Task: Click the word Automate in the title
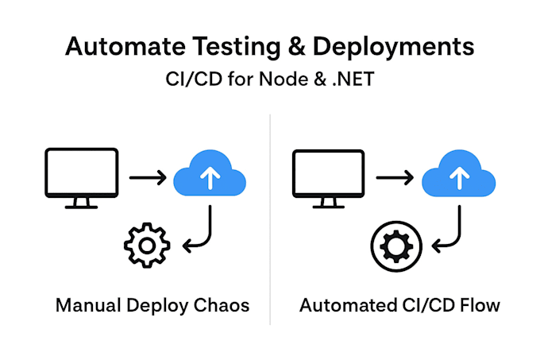point(125,46)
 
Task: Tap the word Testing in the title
point(237,48)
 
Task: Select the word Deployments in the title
point(393,48)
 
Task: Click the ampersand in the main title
point(297,47)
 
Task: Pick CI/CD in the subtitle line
point(194,79)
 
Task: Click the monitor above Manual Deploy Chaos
point(82,178)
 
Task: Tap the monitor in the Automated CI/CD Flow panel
point(329,179)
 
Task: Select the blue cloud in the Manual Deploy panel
point(210,173)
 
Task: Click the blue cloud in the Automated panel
point(459,173)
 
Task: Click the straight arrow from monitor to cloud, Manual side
point(148,178)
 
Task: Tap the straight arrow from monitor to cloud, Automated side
point(395,178)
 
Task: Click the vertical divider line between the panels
point(270,219)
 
